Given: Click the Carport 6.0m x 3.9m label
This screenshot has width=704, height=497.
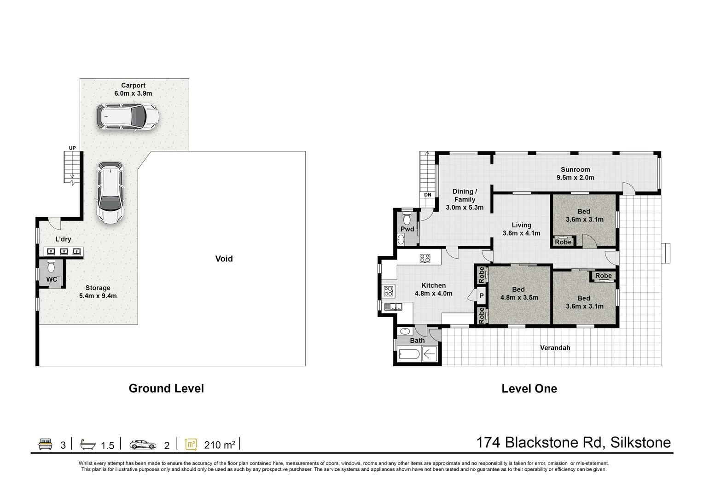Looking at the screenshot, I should [x=133, y=89].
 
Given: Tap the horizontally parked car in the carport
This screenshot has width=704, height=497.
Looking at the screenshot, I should [x=128, y=118].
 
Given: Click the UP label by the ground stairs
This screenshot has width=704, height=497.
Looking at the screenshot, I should [x=72, y=148].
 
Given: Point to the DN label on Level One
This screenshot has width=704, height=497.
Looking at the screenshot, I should [x=428, y=195].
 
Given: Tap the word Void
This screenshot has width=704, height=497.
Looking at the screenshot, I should [x=224, y=259].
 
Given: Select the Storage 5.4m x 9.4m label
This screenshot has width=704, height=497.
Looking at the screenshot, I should [x=98, y=292].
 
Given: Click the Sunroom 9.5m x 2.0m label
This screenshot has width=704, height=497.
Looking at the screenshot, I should [x=575, y=173].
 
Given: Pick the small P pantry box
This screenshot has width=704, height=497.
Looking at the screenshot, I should [x=481, y=296].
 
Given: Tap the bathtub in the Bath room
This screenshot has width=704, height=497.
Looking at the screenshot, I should [x=409, y=354].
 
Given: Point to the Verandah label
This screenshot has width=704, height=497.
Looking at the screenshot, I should [x=555, y=348].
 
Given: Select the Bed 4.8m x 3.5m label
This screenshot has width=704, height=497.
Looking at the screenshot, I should [x=519, y=294].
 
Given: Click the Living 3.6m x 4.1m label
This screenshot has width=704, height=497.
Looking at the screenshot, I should [x=521, y=229].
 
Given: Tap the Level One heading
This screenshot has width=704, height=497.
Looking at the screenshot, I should [x=529, y=389].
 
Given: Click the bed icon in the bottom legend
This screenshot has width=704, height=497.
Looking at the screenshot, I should [x=45, y=445].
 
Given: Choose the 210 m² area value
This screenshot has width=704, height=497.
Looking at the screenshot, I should [x=220, y=445].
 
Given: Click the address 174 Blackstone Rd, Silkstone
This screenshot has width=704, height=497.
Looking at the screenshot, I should [x=573, y=443].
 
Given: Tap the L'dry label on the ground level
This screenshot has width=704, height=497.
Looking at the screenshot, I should [x=63, y=239].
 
